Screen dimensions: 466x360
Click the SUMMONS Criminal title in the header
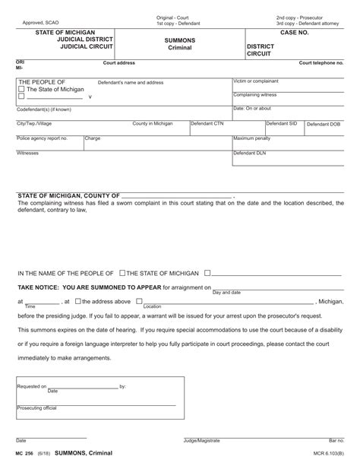(x=181, y=43)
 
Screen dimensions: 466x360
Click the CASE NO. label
(x=293, y=33)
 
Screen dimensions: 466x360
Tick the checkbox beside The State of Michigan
(x=21, y=90)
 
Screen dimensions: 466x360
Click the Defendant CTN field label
(x=207, y=122)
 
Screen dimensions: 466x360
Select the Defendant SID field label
(x=282, y=122)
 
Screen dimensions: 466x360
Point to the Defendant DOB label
(x=324, y=122)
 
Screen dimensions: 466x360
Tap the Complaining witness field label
(x=255, y=94)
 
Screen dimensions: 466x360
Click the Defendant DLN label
(x=250, y=153)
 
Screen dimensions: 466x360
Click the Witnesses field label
(x=28, y=153)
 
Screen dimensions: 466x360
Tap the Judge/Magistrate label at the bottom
(x=201, y=440)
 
